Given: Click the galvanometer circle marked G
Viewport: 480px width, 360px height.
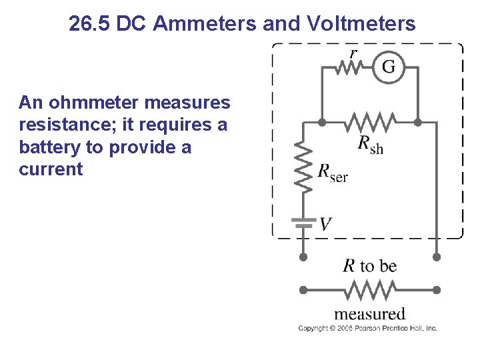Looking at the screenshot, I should click(x=388, y=67).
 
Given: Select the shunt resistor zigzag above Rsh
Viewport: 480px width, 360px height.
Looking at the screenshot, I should click(x=370, y=123).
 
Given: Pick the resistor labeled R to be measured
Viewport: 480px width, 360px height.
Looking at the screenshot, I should click(x=370, y=291).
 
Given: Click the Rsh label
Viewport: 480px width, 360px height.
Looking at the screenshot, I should click(x=371, y=144).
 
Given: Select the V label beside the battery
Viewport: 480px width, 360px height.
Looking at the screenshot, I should click(x=325, y=224).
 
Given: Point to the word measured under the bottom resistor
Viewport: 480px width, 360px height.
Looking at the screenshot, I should click(x=369, y=313).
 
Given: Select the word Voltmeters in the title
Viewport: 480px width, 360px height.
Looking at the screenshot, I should click(x=363, y=24).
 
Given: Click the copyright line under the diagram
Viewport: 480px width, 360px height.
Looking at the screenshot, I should click(x=367, y=328).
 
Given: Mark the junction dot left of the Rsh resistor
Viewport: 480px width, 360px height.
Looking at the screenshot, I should click(x=322, y=123).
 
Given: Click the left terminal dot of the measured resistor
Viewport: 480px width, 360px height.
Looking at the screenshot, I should click(x=303, y=291).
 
